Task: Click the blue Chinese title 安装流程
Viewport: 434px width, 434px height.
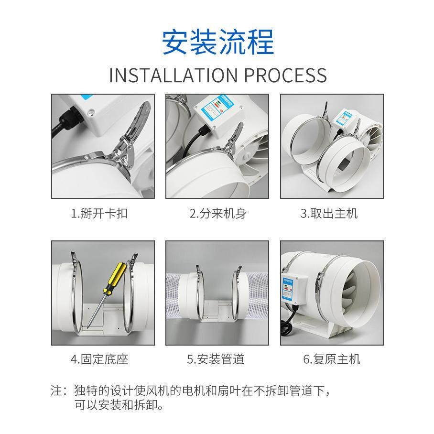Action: (x=217, y=43)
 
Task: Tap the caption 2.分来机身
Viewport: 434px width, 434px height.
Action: (x=217, y=214)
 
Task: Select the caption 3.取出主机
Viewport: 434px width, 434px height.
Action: (x=329, y=214)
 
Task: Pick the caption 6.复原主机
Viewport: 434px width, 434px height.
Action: (x=332, y=359)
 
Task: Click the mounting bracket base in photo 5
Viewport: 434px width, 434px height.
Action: (x=217, y=311)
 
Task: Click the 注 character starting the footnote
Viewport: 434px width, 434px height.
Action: (x=56, y=391)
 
